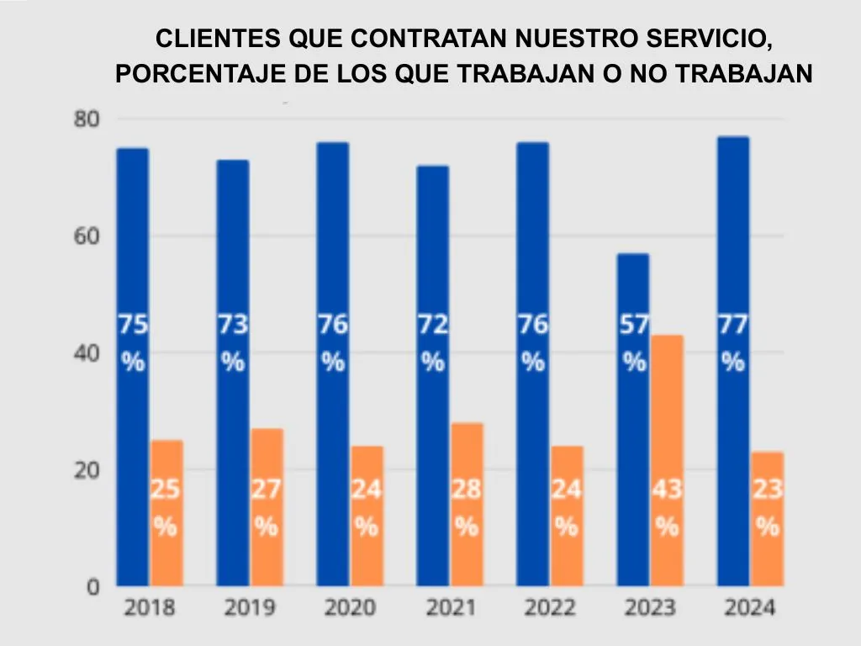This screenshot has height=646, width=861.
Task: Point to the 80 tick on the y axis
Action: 87,119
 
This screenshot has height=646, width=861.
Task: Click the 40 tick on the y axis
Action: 87,353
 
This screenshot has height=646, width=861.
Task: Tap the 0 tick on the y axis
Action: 94,587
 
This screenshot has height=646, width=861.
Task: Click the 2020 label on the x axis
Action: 350,608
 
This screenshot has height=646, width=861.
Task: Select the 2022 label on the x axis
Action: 550,608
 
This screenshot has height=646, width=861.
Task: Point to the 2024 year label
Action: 750,608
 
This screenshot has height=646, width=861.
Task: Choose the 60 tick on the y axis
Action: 87,236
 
